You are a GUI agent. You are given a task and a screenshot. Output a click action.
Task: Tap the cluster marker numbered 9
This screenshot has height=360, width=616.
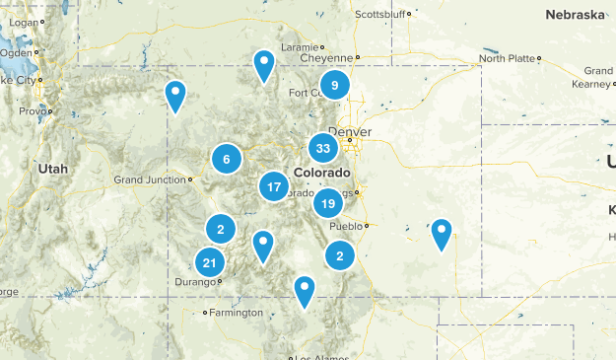pos(335,86)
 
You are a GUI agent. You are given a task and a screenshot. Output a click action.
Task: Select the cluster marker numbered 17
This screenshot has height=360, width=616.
pos(274,186)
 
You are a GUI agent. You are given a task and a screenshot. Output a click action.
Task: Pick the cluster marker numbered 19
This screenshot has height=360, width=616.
pos(328,204)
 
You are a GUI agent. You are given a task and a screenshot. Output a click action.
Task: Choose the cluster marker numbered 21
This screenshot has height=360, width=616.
pos(209,262)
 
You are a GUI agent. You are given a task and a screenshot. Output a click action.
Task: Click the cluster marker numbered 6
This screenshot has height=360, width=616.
pos(227,159)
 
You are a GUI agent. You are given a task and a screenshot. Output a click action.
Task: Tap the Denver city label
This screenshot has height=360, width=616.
pos(350,132)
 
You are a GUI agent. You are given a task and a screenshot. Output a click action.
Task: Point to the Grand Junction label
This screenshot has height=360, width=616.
pos(150,180)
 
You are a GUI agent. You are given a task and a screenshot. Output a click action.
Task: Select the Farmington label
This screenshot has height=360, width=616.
pos(237,313)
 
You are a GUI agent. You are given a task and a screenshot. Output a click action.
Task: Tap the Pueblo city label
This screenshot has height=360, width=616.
pos(344,226)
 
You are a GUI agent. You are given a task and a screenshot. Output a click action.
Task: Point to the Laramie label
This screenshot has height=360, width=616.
pos(300,46)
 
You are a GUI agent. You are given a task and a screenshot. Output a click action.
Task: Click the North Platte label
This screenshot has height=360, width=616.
pos(507,58)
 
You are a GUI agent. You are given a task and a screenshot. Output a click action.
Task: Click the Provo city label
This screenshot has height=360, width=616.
pos(33,110)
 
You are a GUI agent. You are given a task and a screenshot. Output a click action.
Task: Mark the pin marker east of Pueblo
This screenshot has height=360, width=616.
pos(442,234)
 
